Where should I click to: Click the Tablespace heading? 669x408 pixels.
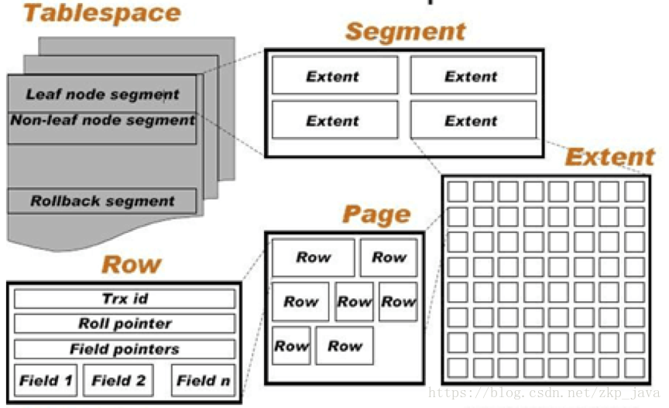pos(101,13)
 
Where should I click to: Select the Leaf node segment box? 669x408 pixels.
pos(102,94)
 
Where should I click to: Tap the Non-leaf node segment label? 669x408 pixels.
pos(102,121)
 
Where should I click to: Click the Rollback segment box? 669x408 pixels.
pos(102,201)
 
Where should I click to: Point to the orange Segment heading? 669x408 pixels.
pos(405,32)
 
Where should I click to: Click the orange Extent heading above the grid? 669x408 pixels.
pos(610,158)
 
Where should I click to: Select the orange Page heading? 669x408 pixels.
pos(376,214)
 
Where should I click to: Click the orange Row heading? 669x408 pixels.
pos(131,265)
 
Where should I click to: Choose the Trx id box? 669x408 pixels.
pos(125,299)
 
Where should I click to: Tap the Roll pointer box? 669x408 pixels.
pos(125,324)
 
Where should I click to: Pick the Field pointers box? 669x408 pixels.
pos(125,349)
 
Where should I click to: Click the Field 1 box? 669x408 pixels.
pos(46,380)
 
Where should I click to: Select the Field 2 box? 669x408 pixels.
pos(118,380)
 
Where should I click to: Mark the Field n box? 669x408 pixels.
pos(203,380)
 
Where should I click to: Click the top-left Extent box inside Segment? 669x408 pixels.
pos(333,76)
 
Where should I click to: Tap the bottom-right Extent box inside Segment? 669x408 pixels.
pos(472,121)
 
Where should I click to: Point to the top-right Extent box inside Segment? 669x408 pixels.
pos(472,76)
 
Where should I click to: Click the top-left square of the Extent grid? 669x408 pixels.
pos(458,190)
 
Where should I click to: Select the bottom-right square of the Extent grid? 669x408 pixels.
pos(634,367)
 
